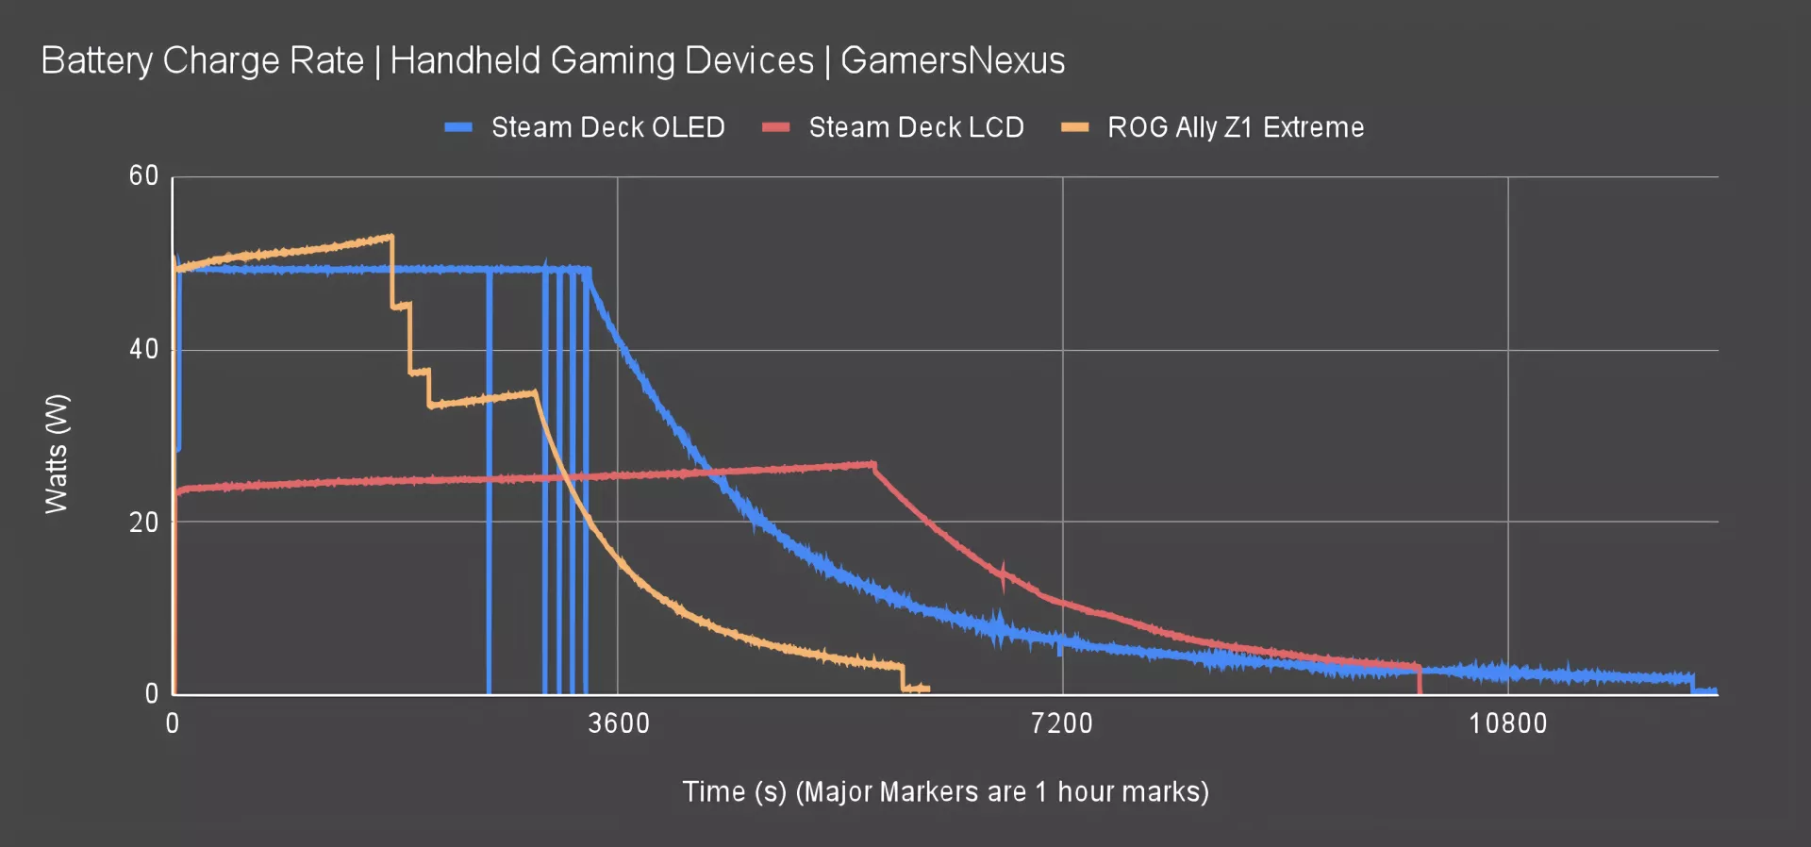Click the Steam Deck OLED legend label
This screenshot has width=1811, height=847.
point(607,127)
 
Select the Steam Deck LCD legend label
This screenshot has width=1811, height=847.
point(916,127)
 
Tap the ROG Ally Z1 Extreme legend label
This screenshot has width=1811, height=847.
point(1236,127)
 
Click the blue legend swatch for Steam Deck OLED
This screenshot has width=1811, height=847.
point(458,127)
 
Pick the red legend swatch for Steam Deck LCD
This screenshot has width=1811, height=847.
point(776,127)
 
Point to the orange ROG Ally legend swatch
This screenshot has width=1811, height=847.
point(1075,127)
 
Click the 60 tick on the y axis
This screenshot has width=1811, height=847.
point(144,175)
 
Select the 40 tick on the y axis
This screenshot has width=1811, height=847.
point(144,349)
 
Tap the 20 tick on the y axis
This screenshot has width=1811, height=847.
point(144,522)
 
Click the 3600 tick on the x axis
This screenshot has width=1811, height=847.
point(619,723)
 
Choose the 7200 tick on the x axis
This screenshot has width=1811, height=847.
point(1062,723)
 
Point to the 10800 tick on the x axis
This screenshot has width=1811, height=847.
point(1507,723)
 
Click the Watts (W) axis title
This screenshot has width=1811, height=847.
point(57,454)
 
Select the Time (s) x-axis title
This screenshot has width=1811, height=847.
point(945,791)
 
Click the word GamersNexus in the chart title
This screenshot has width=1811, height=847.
point(953,60)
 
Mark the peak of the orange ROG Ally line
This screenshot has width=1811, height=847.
point(390,236)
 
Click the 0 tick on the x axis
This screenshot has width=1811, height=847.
point(173,723)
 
